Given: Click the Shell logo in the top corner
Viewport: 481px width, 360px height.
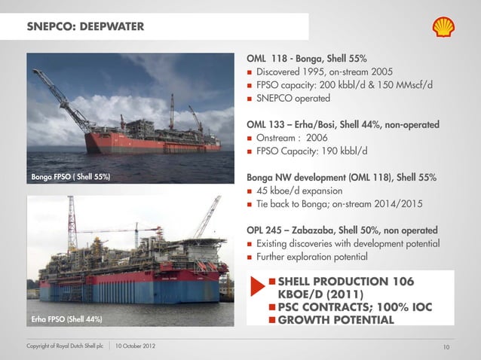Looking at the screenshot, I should point(443,28).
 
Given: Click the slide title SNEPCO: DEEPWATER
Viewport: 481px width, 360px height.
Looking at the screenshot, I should point(85,28).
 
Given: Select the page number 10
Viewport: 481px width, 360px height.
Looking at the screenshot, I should point(446,346).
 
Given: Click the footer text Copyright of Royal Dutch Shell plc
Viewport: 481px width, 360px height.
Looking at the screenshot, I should point(66,346).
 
